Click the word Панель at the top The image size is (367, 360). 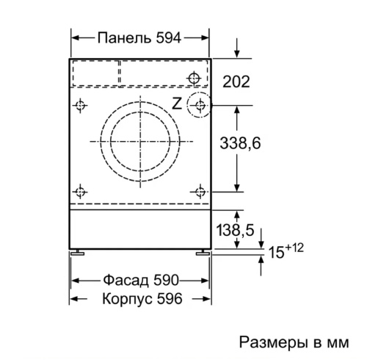(x=118, y=38)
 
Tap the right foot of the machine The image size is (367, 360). (x=202, y=253)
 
